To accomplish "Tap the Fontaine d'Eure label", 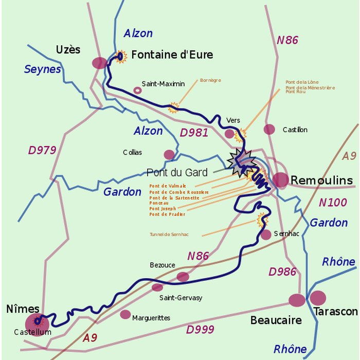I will [172, 55].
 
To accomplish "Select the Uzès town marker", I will [100, 63].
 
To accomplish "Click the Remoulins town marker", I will [281, 179].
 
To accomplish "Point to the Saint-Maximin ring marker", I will [137, 90].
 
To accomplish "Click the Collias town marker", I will [169, 154].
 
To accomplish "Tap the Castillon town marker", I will [269, 129].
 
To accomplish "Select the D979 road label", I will [42, 151].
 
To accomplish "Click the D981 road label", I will [194, 133].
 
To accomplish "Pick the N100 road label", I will [333, 202].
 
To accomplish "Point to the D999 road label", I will [200, 329].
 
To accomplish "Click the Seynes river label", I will [43, 69].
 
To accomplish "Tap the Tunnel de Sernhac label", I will [169, 235].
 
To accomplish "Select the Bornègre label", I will [210, 80].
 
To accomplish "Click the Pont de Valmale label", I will [168, 186].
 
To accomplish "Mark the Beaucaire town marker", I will [297, 300].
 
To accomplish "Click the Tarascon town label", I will [335, 312].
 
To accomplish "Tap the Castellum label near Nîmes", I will [33, 332].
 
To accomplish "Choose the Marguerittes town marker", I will [125, 314].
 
